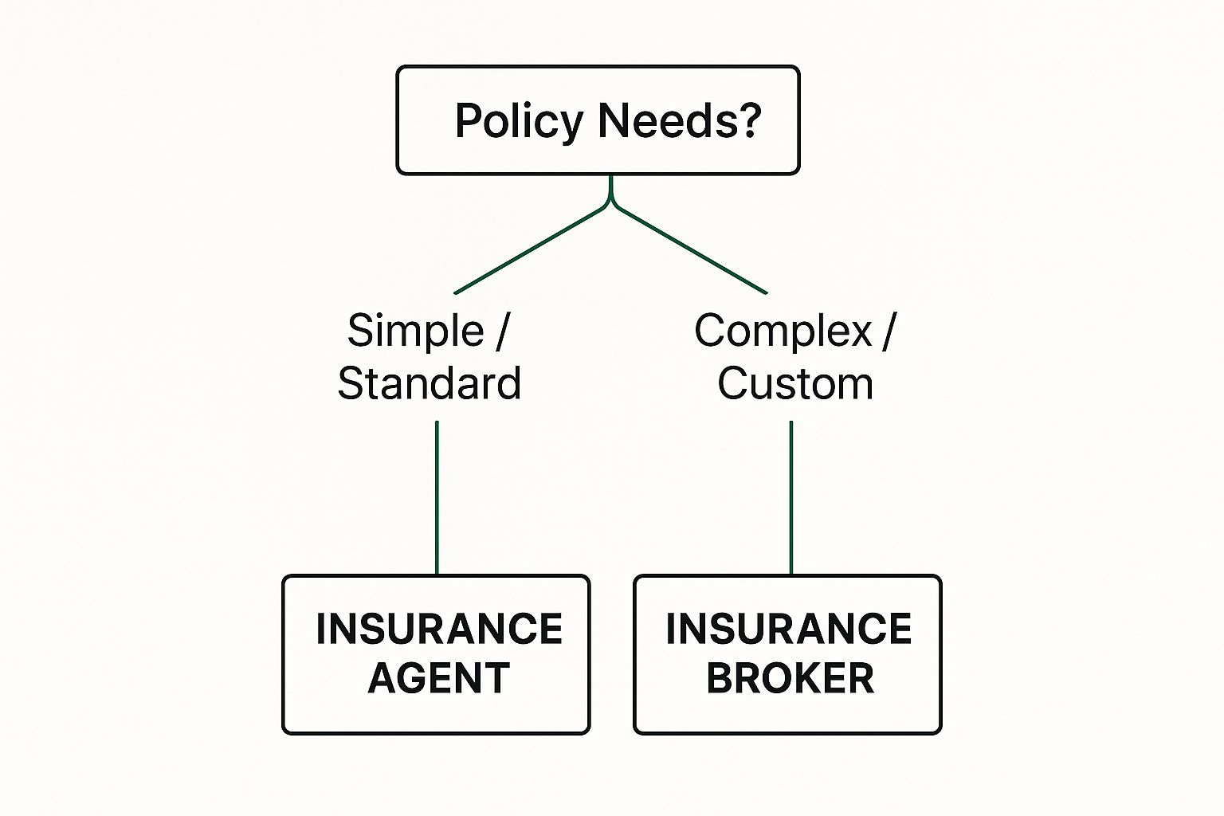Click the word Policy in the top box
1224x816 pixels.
tap(519, 122)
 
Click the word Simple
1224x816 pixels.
tap(415, 331)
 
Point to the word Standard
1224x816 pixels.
tap(430, 383)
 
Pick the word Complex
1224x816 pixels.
tap(783, 331)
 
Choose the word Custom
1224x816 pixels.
tap(795, 383)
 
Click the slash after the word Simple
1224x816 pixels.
tap(501, 331)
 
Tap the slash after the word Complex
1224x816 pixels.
tap(889, 331)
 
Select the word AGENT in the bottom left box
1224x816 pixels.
tap(438, 678)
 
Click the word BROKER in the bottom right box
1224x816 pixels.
tap(790, 678)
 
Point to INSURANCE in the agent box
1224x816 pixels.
tap(438, 630)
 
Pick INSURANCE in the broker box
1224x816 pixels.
tap(788, 630)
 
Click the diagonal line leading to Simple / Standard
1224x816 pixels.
tap(530, 250)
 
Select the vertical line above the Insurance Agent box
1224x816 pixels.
tap(437, 498)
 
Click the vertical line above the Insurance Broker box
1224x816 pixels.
tap(790, 498)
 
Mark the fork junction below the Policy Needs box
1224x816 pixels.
tap(610, 204)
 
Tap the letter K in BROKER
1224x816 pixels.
tap(802, 678)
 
